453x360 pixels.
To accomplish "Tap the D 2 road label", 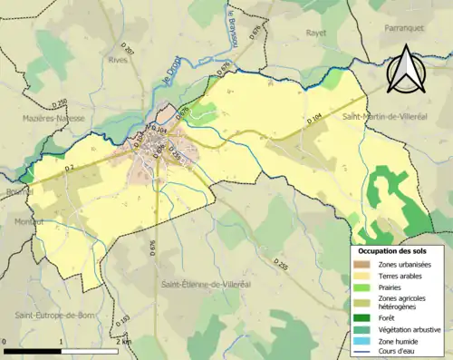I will pos(69,169).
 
